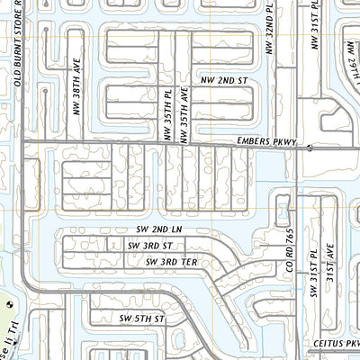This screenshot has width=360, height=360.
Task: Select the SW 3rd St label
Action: click(149, 245)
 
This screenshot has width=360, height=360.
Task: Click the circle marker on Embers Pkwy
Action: click(310, 147)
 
